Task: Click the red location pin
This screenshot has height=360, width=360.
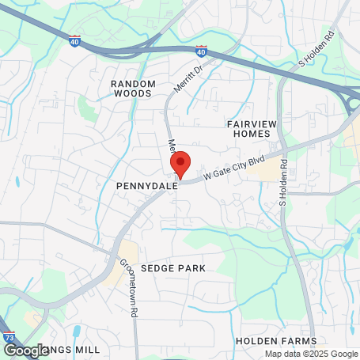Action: [180, 164]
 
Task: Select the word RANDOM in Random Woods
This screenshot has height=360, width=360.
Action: [131, 82]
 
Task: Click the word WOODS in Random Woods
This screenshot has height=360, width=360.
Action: [131, 93]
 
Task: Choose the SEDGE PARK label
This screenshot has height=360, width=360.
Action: [173, 268]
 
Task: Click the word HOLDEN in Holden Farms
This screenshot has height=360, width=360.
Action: [254, 340]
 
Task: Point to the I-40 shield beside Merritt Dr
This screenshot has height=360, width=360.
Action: [202, 52]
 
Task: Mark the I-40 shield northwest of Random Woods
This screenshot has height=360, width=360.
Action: [74, 40]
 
